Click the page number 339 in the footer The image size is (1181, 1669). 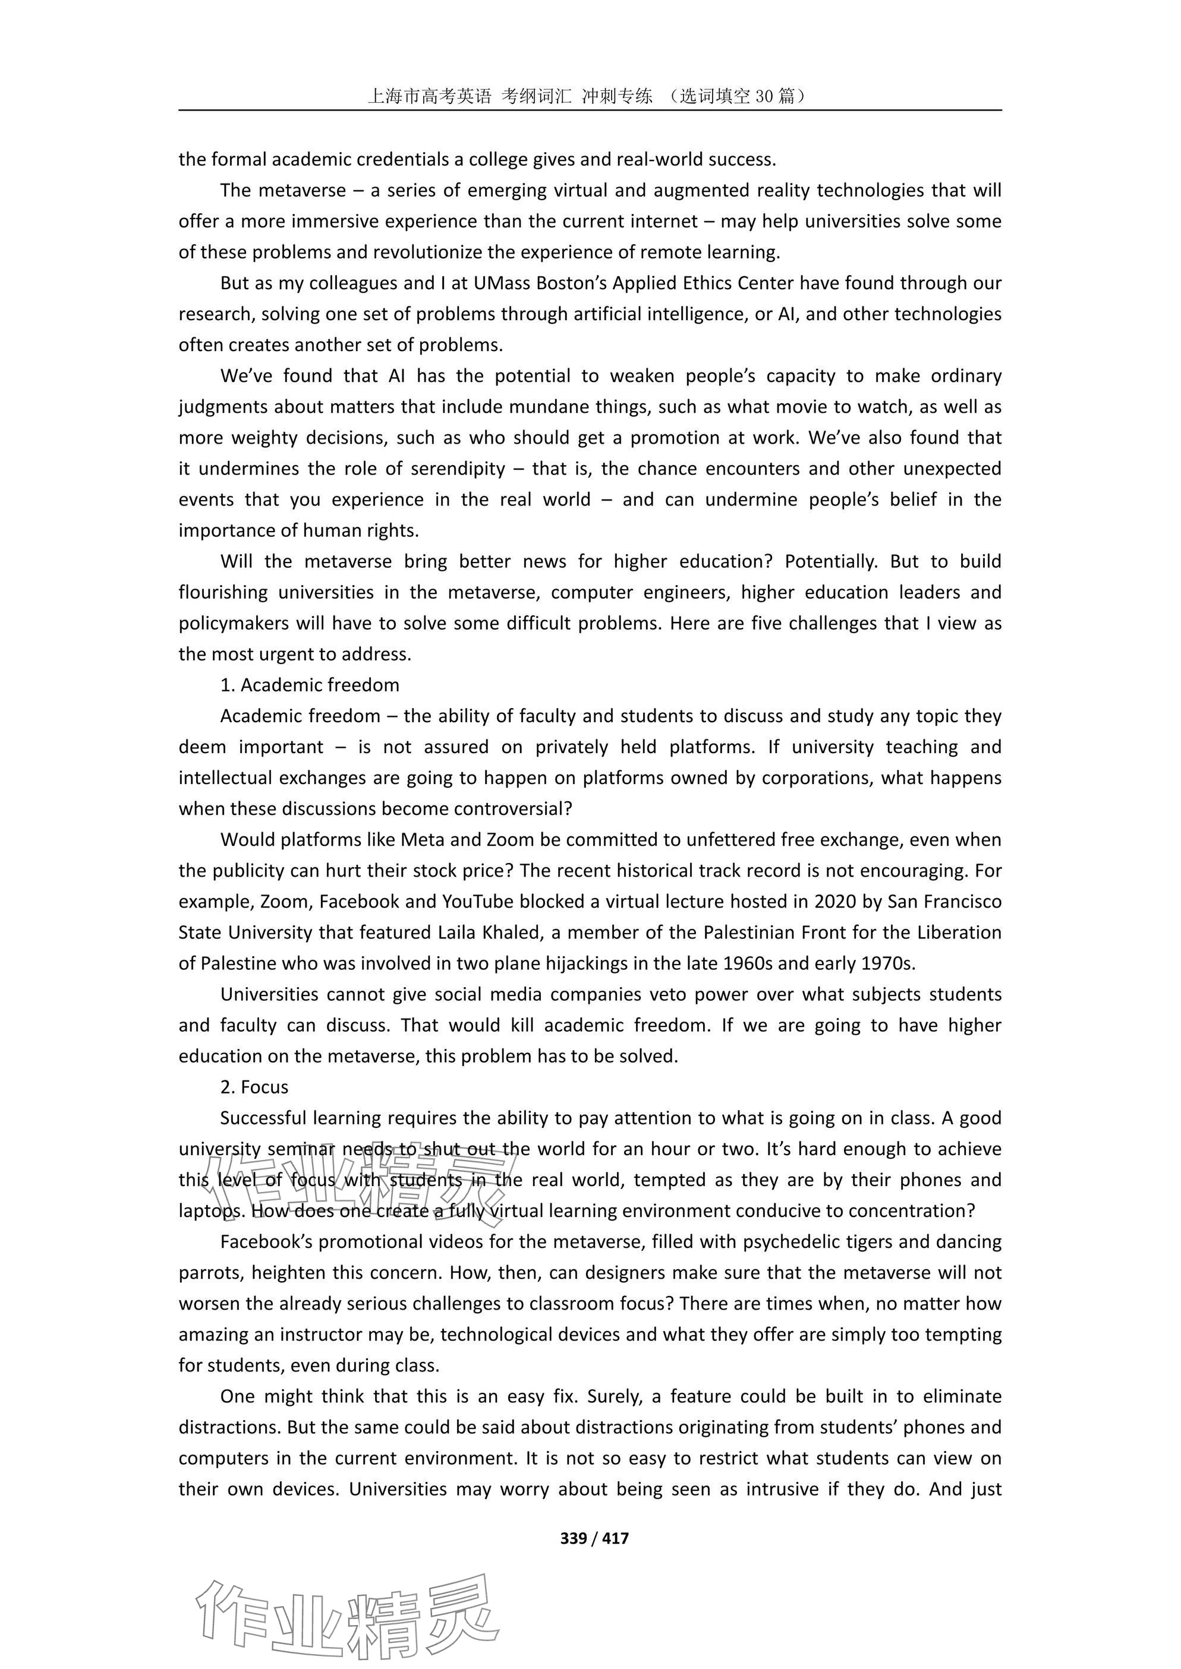(x=573, y=1537)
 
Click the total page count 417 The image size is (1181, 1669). (x=615, y=1537)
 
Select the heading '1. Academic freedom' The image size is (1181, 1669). (x=310, y=685)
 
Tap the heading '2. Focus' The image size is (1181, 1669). (x=254, y=1087)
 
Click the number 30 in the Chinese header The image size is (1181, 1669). (x=764, y=95)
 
